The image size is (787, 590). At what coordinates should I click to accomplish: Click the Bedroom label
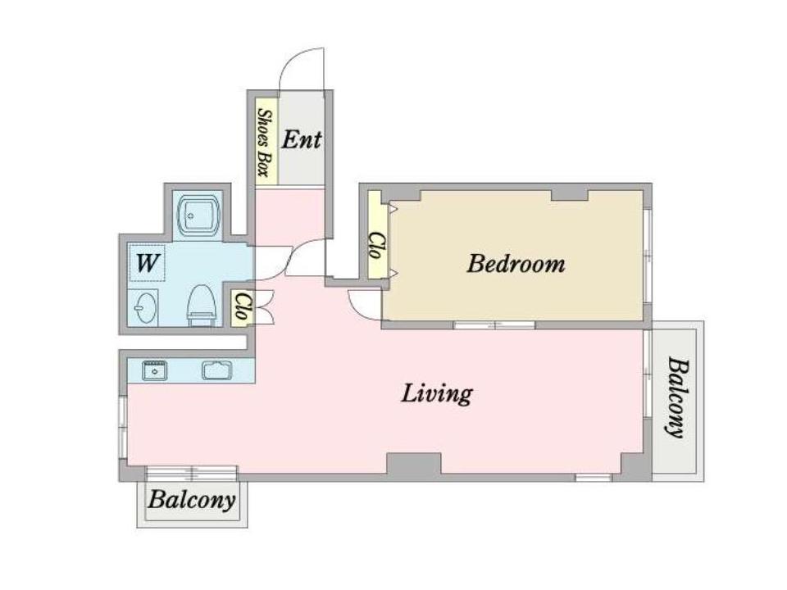point(516,264)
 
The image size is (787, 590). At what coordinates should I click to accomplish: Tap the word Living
point(437,393)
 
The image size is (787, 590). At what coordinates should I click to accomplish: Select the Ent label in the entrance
point(301,139)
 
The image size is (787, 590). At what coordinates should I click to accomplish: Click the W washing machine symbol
point(147,262)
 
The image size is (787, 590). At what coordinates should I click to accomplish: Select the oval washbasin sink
point(144,307)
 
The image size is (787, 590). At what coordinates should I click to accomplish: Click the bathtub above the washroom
point(198,216)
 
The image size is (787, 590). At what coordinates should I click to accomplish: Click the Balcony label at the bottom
point(192,500)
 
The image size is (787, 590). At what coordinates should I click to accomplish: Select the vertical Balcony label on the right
point(676,397)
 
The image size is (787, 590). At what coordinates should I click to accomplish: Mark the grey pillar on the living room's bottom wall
point(413,464)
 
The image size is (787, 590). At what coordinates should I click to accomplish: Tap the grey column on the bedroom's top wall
point(570,195)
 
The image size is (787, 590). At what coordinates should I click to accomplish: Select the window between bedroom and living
point(494,325)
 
